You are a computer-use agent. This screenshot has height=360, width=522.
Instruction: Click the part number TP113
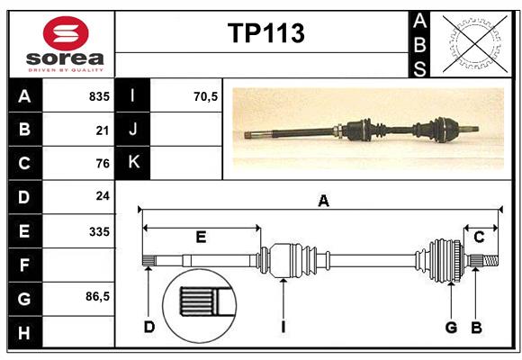pyautogui.click(x=265, y=33)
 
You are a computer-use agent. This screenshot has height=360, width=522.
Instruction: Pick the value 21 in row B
pyautogui.click(x=102, y=130)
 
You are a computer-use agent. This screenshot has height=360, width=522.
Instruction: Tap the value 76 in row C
pyautogui.click(x=102, y=164)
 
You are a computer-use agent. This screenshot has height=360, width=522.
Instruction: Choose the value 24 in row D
pyautogui.click(x=102, y=195)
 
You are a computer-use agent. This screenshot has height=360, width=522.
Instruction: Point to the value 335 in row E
pyautogui.click(x=99, y=231)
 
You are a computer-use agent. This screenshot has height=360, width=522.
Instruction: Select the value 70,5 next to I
pyautogui.click(x=206, y=96)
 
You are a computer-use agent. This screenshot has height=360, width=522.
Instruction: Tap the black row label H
pyautogui.click(x=24, y=334)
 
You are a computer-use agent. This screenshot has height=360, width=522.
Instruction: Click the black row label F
pyautogui.click(x=24, y=265)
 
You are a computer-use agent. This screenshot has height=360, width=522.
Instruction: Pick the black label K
pyautogui.click(x=133, y=163)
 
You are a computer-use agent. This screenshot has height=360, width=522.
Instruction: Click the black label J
pyautogui.click(x=133, y=130)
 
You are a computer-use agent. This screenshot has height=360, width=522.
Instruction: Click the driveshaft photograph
pyautogui.click(x=369, y=129)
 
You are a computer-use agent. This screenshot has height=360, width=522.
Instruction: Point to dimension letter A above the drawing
pyautogui.click(x=323, y=202)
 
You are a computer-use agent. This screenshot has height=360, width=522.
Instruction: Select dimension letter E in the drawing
pyautogui.click(x=201, y=238)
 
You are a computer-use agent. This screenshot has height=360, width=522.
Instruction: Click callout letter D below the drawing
pyautogui.click(x=148, y=327)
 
